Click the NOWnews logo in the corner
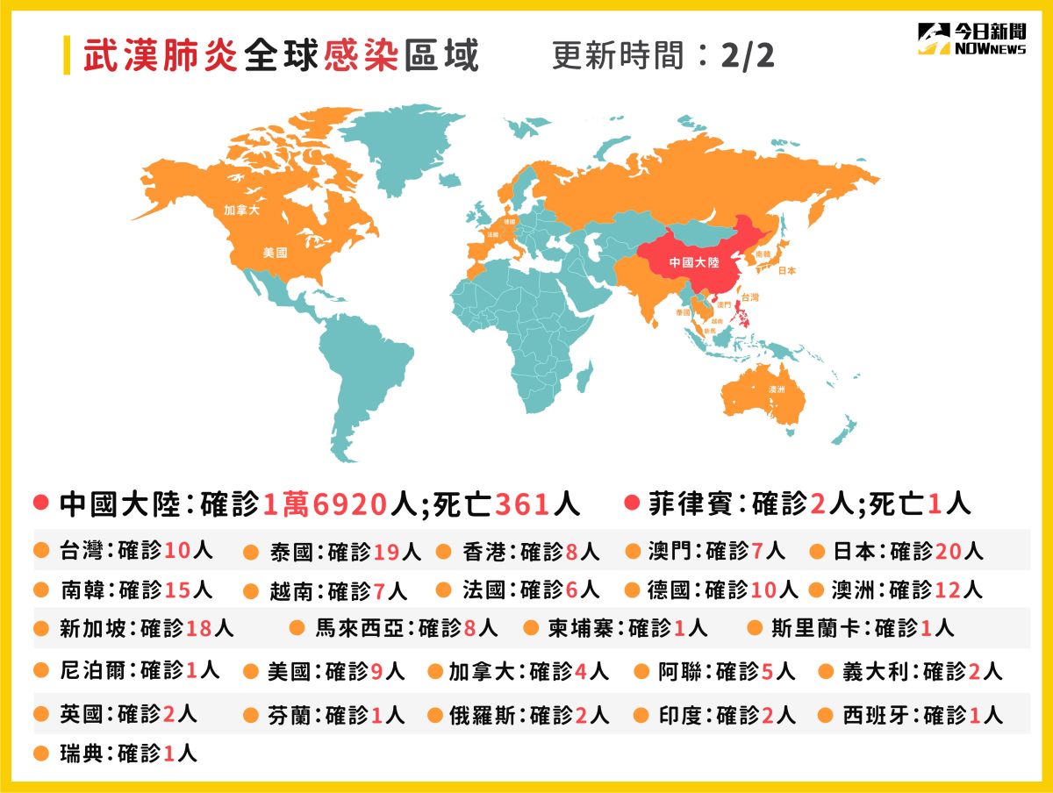pyautogui.click(x=971, y=40)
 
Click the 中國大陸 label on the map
pyautogui.click(x=693, y=262)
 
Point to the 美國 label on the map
pyautogui.click(x=275, y=252)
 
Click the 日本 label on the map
pyautogui.click(x=787, y=271)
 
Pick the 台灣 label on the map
pyautogui.click(x=749, y=298)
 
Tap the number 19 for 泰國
pyautogui.click(x=386, y=552)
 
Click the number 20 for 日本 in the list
pyautogui.click(x=947, y=552)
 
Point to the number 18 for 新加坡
pyautogui.click(x=198, y=628)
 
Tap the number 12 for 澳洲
pyautogui.click(x=947, y=589)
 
